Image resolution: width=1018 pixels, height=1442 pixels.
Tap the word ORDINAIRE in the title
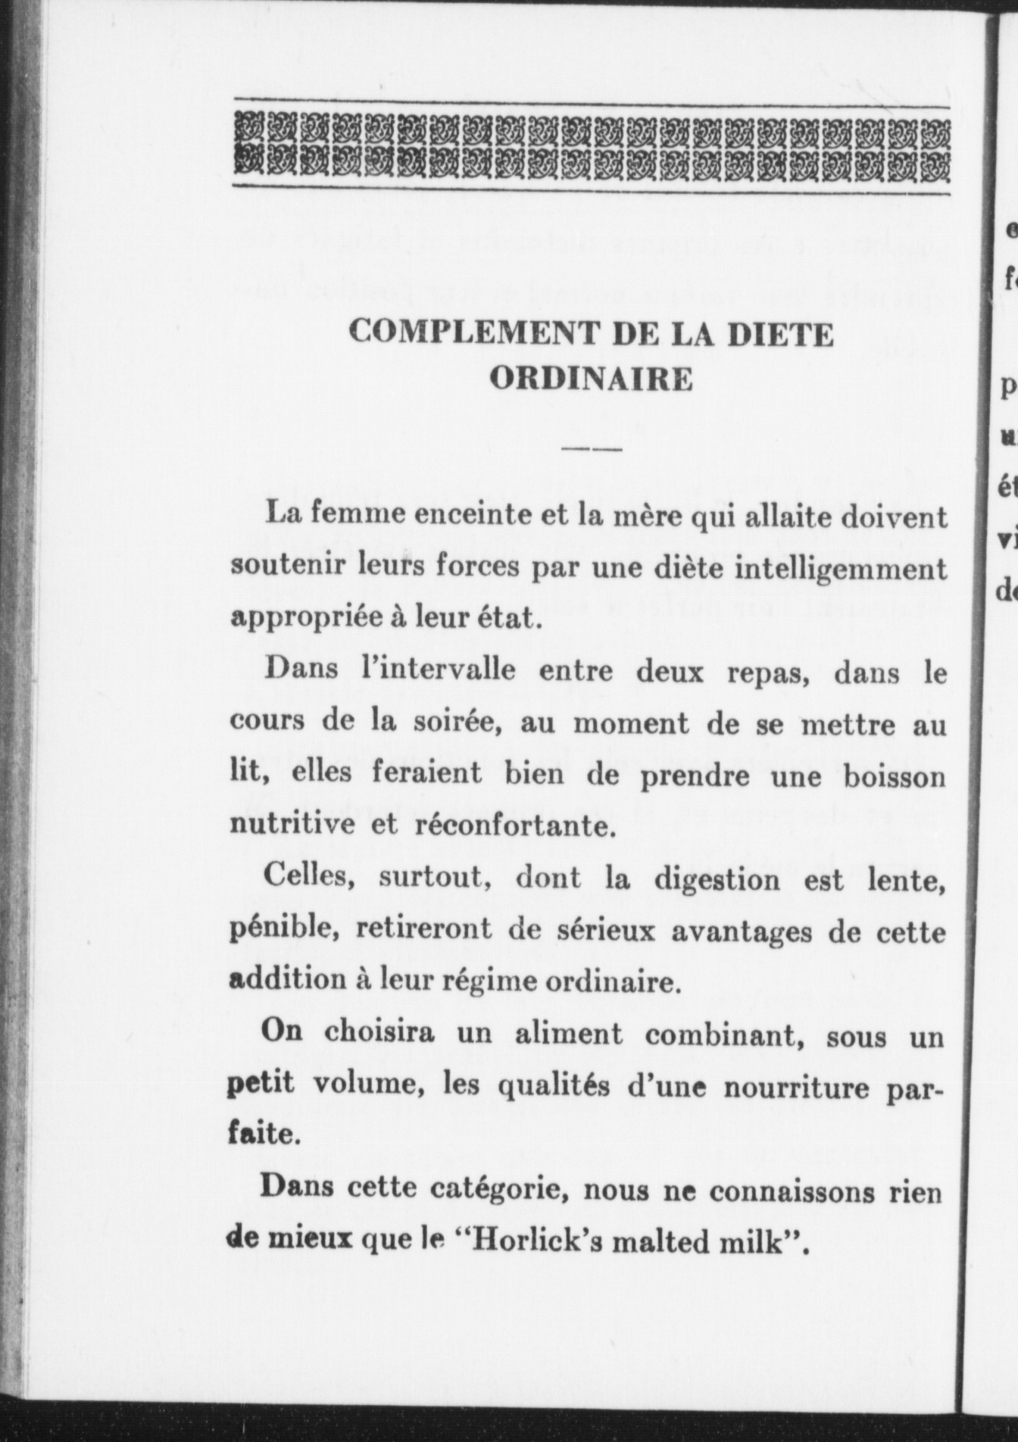[x=590, y=379]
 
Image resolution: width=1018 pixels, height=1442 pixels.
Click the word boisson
[x=895, y=777]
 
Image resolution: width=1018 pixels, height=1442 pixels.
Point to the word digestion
[x=717, y=879]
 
